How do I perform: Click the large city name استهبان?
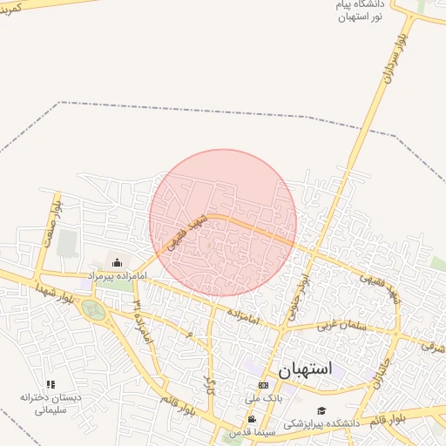(306, 369)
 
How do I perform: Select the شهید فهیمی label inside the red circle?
(186, 229)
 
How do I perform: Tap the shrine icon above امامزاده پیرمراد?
(118, 261)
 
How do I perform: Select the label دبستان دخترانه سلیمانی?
(51, 403)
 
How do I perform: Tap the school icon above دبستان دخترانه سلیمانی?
(51, 384)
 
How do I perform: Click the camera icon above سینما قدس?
(252, 419)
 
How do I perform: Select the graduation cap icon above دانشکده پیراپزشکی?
(321, 410)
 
